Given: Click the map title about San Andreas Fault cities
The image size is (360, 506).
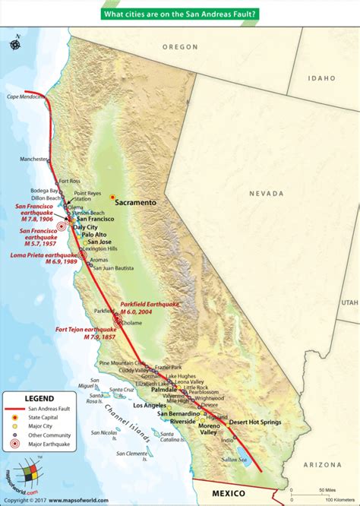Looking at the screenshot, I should click(x=180, y=13).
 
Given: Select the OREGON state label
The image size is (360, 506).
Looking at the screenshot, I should click(x=181, y=46).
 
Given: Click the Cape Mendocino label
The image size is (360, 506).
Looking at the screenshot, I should click(x=24, y=96).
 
